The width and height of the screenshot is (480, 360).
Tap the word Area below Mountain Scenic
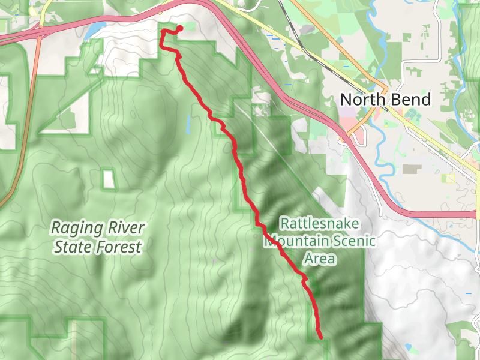pyautogui.click(x=320, y=259)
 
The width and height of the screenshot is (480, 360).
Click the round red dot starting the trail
pyautogui.click(x=179, y=28)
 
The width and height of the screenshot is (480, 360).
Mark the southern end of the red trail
pyautogui.click(x=321, y=337)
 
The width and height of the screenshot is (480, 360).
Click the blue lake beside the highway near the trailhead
pyautogui.click(x=96, y=29)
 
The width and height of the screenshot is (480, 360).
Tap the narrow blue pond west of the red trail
pyautogui.click(x=188, y=124)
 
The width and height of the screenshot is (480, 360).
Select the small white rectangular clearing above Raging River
pyautogui.click(x=108, y=179)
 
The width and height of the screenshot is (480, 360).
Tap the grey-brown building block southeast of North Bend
pyautogui.click(x=412, y=169)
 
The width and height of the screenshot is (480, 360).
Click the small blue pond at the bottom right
pyautogui.click(x=409, y=347)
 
